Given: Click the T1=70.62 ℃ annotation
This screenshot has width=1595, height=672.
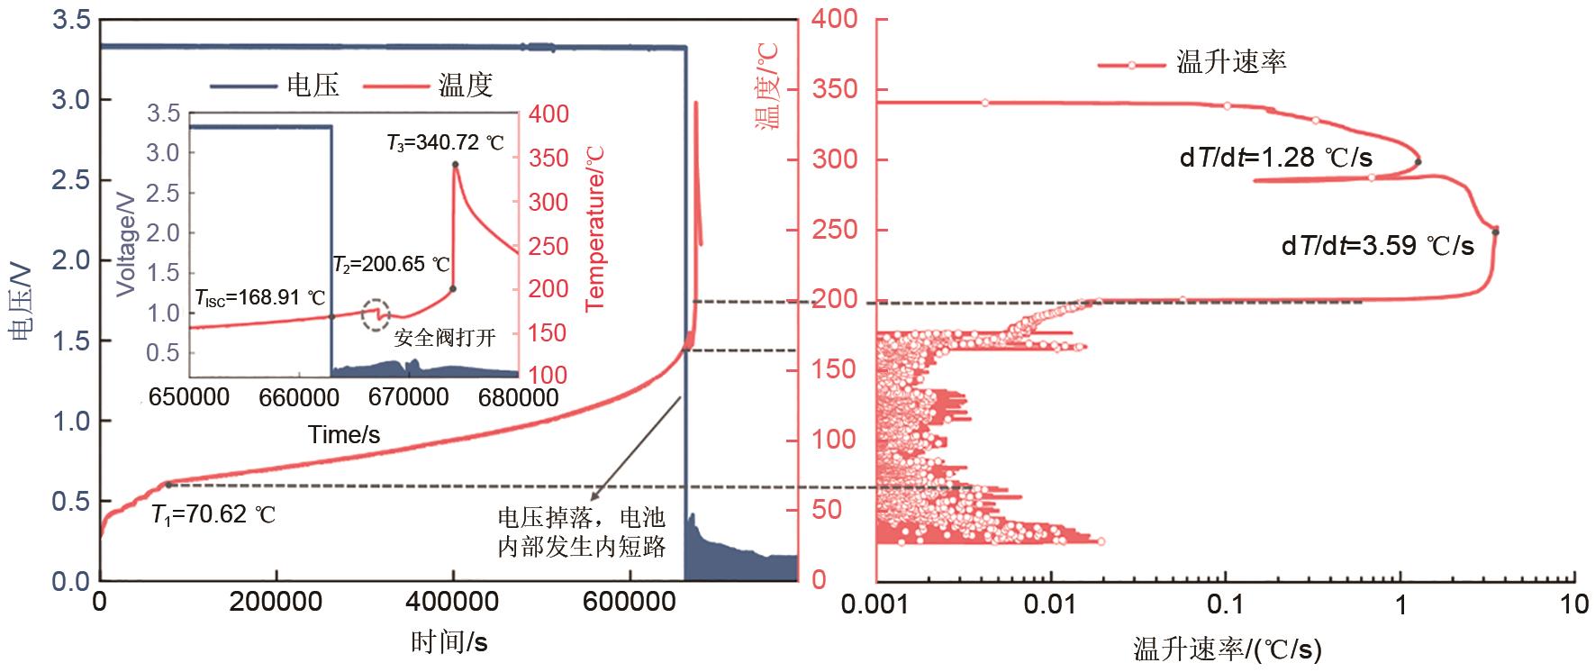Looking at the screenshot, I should pyautogui.click(x=213, y=516).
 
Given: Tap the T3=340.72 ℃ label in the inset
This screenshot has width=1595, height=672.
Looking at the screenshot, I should pyautogui.click(x=445, y=142).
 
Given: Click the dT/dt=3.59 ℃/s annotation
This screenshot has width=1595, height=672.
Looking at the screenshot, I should pyautogui.click(x=1378, y=246).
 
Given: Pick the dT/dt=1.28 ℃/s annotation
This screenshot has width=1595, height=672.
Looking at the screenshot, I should pyautogui.click(x=1276, y=159).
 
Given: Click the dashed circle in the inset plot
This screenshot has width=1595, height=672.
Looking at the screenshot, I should pyautogui.click(x=376, y=314).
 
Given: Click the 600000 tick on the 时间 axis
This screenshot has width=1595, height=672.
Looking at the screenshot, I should pyautogui.click(x=629, y=602).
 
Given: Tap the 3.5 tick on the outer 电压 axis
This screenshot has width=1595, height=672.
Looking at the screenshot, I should pyautogui.click(x=70, y=20).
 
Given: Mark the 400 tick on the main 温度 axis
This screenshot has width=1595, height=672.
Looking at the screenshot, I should pyautogui.click(x=835, y=20).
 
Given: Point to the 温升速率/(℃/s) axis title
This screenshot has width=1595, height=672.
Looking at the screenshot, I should pyautogui.click(x=1226, y=649).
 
